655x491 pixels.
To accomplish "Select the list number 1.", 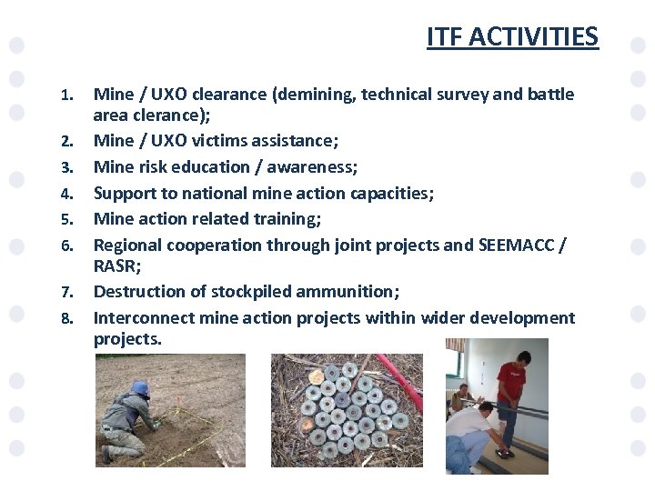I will [x=65, y=95].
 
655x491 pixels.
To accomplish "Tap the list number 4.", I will [x=65, y=194].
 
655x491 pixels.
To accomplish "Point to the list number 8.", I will [x=65, y=318].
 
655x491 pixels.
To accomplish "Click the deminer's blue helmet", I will [x=140, y=388].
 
